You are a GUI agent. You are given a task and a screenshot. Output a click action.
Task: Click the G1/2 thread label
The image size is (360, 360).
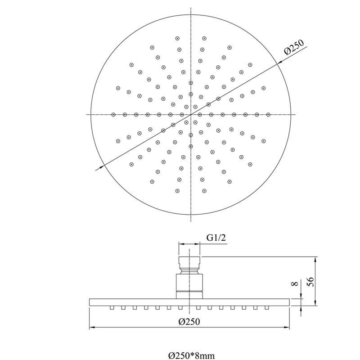216,238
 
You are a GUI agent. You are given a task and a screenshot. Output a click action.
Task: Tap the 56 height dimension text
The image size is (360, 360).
310,282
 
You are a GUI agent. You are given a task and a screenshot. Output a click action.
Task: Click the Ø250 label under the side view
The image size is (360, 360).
189,321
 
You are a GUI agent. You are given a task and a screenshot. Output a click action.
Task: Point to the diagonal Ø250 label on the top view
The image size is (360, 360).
294,47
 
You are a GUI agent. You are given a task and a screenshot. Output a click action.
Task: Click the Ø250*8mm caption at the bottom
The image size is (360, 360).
192,356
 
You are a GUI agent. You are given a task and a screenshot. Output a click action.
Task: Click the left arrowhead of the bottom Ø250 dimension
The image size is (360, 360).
92,328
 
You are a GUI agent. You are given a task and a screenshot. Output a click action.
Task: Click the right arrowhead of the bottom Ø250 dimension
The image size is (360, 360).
287,328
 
